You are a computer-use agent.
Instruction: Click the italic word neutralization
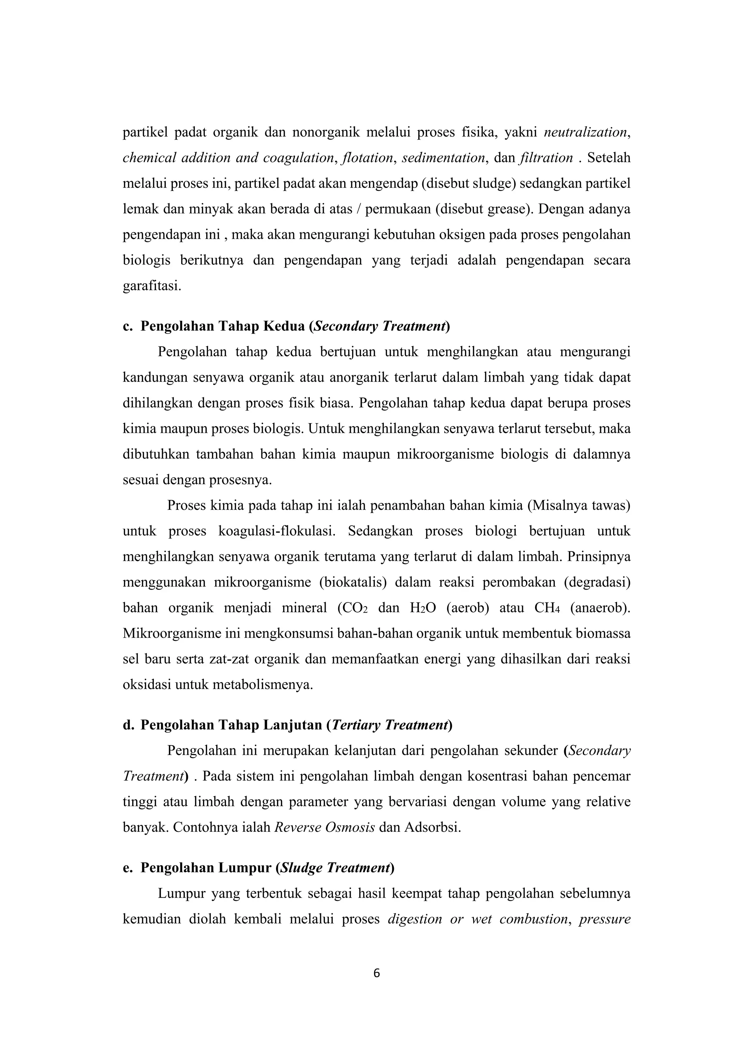[585, 132]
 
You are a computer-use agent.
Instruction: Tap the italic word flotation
[367, 158]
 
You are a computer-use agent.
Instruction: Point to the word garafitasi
[151, 286]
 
